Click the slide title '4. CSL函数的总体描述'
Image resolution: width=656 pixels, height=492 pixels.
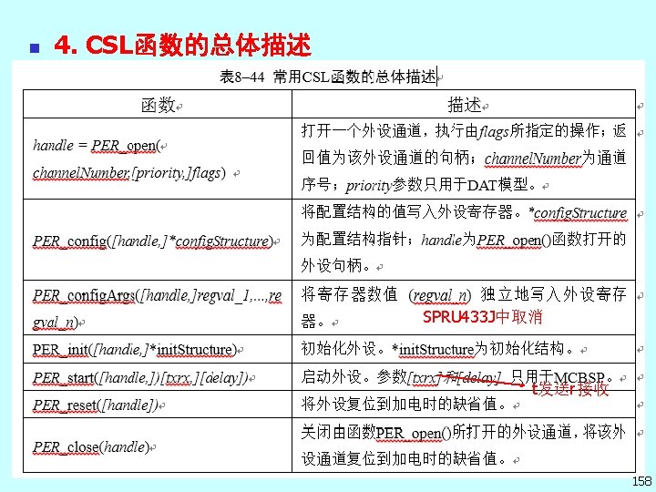(182, 44)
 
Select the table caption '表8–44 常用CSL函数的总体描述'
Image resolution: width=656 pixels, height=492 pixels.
(328, 77)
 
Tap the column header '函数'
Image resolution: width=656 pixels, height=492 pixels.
(157, 105)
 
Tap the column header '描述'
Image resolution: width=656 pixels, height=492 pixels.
(463, 105)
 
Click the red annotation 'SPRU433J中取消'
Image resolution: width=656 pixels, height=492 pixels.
(482, 317)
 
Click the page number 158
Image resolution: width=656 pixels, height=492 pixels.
(640, 480)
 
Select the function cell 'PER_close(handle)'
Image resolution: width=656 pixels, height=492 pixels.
(90, 447)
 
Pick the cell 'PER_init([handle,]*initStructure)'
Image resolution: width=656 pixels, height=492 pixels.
(135, 349)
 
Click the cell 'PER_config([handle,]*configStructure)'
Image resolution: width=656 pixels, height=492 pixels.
(153, 241)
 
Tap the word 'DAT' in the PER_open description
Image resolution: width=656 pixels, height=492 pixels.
(482, 185)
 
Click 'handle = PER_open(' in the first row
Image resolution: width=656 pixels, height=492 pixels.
(97, 145)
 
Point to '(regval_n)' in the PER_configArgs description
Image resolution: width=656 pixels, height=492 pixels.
(440, 294)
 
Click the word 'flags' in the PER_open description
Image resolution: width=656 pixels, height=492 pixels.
(494, 131)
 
